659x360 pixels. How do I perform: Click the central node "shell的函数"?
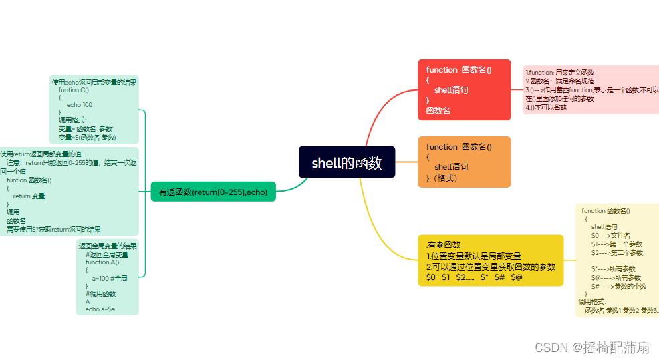pos(346,162)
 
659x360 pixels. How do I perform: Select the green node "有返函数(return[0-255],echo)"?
pos(213,192)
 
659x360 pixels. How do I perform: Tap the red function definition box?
pos(464,89)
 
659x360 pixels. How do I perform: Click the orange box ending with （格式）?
pos(464,162)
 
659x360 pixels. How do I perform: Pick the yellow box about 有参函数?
pos(491,260)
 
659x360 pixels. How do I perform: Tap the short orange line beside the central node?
pos(406,162)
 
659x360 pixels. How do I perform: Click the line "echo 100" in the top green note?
pos(80,105)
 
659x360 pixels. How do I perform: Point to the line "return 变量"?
pos(29,196)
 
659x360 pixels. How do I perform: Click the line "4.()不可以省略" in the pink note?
pos(546,107)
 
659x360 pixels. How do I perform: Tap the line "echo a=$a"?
pos(100,309)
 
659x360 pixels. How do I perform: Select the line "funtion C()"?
pos(74,90)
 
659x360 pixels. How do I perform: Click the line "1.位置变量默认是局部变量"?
pos(473,256)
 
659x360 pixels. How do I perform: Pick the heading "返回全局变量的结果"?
pos(107,246)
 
